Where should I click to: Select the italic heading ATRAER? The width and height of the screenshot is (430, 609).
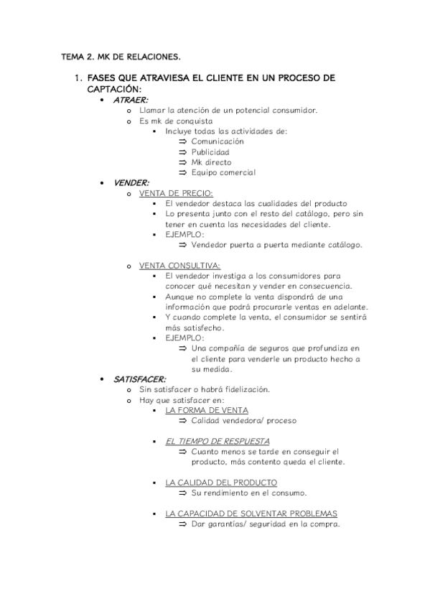(x=131, y=100)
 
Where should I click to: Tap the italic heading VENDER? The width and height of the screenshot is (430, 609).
(x=131, y=182)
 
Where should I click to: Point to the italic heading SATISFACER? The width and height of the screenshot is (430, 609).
(x=140, y=378)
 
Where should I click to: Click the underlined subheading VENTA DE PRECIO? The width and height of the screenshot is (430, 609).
(x=176, y=193)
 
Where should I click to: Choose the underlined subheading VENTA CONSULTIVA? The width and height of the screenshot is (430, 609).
(x=180, y=265)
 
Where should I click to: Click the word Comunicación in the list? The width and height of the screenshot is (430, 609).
(x=218, y=141)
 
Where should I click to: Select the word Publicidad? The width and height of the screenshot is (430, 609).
(x=210, y=152)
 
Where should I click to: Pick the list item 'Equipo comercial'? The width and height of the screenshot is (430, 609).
(x=223, y=172)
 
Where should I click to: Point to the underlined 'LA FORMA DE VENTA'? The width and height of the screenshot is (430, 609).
(x=207, y=410)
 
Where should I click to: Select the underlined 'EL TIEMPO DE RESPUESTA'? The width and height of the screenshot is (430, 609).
(x=218, y=441)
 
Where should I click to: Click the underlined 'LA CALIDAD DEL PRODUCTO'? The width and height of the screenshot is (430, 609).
(x=221, y=483)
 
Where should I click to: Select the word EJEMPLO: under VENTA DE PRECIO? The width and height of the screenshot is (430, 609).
(x=184, y=234)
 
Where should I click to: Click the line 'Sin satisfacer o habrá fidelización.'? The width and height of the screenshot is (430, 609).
(x=205, y=389)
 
